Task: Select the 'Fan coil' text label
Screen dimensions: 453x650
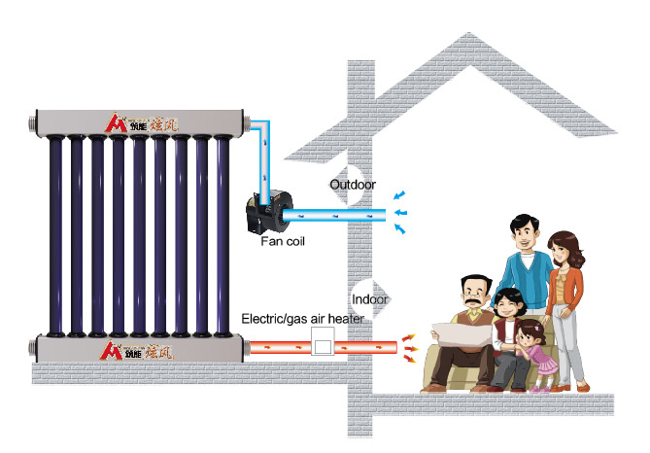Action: click(x=283, y=239)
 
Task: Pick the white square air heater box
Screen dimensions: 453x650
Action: click(x=320, y=344)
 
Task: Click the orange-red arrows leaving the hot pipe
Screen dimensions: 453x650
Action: click(x=410, y=345)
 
